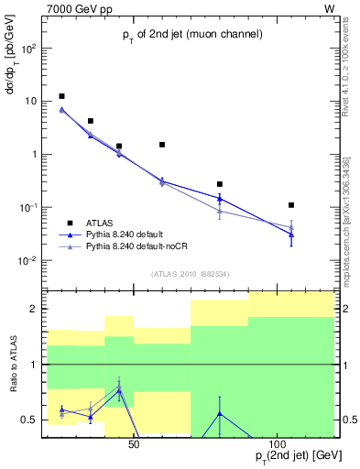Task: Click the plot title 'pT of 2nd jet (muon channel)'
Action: [x=192, y=35]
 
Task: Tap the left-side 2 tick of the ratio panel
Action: [x=36, y=309]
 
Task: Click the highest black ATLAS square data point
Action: [x=61, y=96]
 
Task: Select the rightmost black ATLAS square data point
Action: [x=291, y=205]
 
